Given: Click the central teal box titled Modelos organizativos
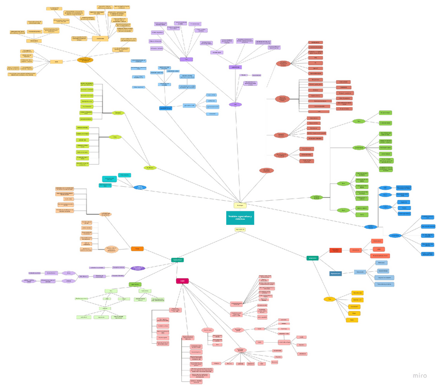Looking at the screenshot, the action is [240, 218].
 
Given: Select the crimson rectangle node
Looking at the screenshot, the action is [182, 281].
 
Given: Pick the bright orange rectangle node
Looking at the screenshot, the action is [137, 249].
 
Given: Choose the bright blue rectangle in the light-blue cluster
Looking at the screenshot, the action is [165, 108].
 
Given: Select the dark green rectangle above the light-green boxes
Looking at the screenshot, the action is [135, 284].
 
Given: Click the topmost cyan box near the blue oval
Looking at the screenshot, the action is [124, 175].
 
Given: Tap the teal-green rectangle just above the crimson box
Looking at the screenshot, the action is [177, 260].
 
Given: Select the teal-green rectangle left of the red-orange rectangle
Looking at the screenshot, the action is [312, 258].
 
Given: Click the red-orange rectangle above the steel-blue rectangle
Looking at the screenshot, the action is [335, 251].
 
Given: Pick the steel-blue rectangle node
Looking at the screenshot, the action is [335, 273].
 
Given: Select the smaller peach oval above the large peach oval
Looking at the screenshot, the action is [105, 214].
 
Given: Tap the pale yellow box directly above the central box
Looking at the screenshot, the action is [239, 205].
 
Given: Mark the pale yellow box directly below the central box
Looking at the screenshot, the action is [240, 230].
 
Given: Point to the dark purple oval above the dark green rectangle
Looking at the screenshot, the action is [138, 268].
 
